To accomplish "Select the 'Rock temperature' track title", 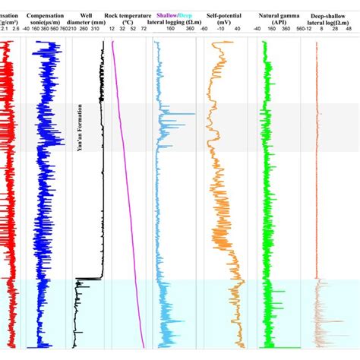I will pyautogui.click(x=125, y=14).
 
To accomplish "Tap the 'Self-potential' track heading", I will pyautogui.click(x=223, y=14).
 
